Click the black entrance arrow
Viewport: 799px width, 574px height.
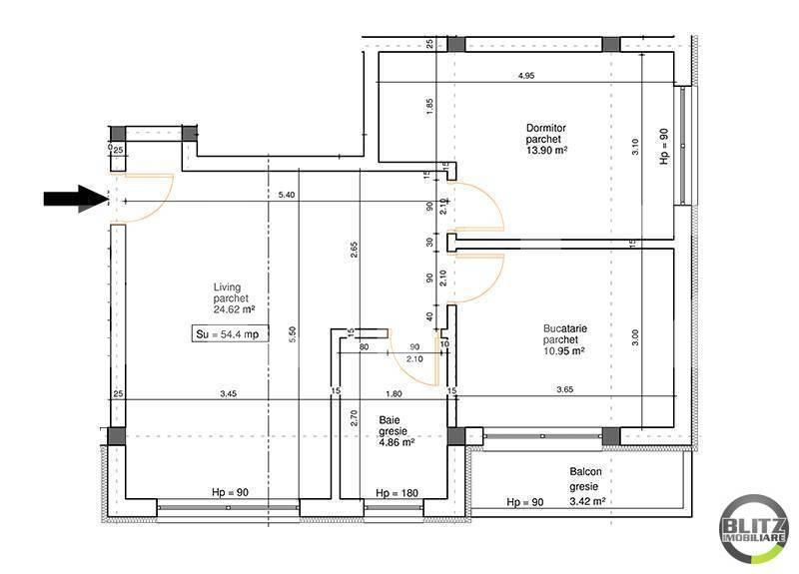click(x=76, y=199)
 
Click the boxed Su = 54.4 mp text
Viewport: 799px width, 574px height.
click(x=232, y=334)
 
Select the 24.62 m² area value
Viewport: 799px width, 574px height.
click(x=235, y=309)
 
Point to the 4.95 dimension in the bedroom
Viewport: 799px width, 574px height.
click(x=526, y=76)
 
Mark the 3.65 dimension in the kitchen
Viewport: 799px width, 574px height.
click(x=564, y=392)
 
